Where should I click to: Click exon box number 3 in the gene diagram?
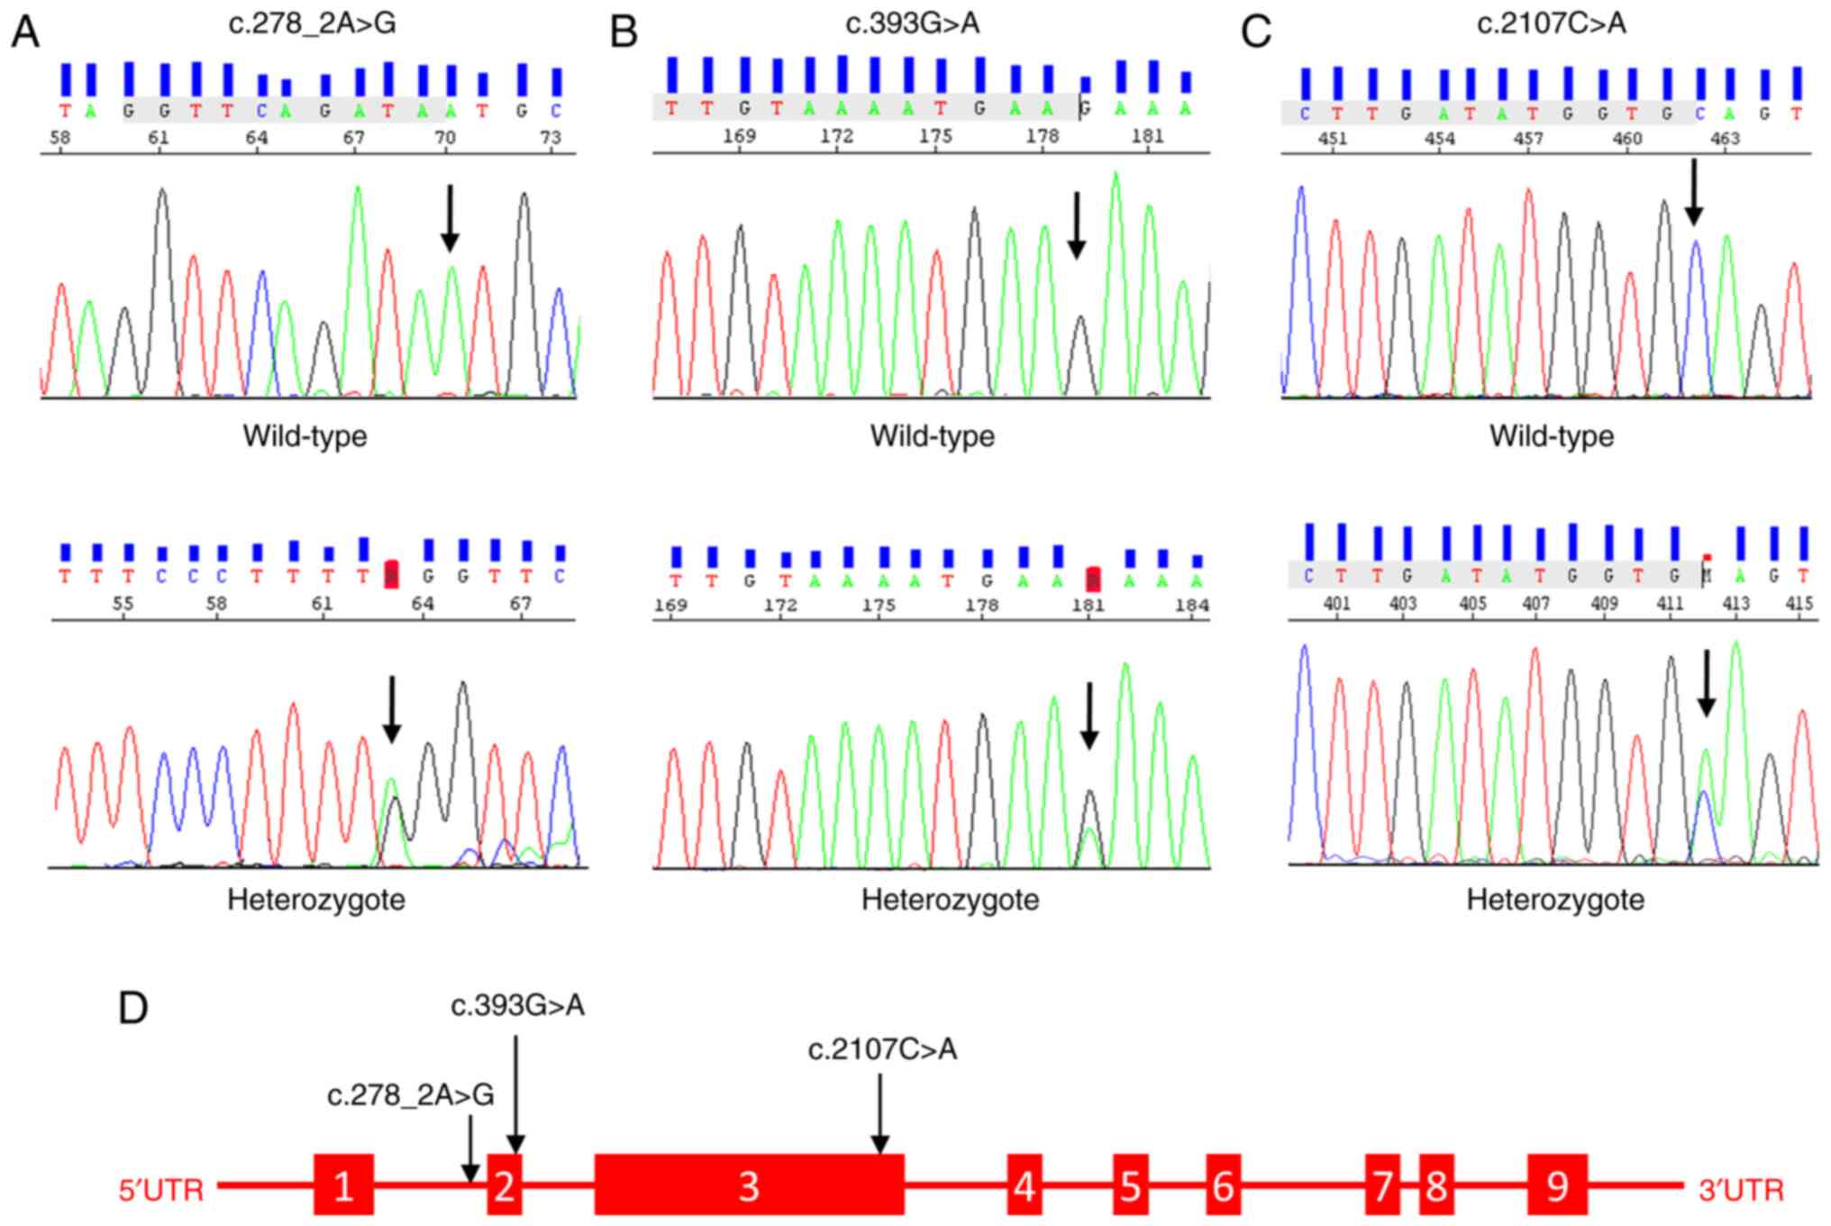tap(749, 1185)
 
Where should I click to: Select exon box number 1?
tap(343, 1185)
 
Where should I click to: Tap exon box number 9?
tap(1556, 1185)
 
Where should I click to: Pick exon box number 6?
tap(1223, 1185)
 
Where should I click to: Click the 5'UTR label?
tap(162, 1190)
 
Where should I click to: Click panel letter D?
tap(133, 1009)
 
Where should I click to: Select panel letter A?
tap(25, 32)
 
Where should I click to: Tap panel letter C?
tap(1255, 32)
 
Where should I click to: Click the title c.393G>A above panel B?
tap(912, 23)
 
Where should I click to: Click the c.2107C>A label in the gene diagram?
tap(882, 1049)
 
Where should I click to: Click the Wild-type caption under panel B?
tap(932, 436)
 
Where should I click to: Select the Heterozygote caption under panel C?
tap(1555, 900)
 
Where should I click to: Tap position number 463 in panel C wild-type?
tap(1725, 139)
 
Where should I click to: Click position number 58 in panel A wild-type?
tap(60, 137)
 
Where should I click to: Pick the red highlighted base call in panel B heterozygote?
tap(1092, 579)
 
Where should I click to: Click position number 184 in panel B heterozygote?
tap(1191, 605)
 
